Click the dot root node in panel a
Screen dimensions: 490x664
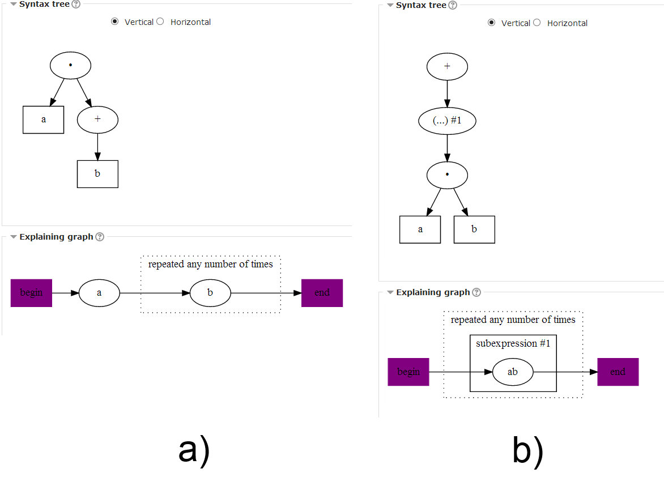click(x=71, y=65)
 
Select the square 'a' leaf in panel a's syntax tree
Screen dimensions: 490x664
click(x=44, y=120)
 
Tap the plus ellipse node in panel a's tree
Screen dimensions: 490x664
click(x=97, y=120)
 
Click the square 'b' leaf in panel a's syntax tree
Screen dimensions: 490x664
click(x=97, y=174)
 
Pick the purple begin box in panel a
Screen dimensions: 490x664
click(x=31, y=293)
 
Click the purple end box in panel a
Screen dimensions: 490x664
click(x=322, y=293)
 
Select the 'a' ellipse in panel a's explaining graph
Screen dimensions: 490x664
click(x=99, y=293)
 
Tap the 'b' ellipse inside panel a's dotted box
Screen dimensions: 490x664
click(x=210, y=293)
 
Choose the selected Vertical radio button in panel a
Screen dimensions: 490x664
click(x=115, y=22)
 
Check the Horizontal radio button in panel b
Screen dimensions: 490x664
click(x=537, y=23)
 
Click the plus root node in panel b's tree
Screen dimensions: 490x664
click(x=447, y=66)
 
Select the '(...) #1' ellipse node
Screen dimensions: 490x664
click(x=447, y=121)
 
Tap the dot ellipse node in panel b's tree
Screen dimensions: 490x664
click(x=447, y=175)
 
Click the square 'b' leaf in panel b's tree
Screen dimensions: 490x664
click(x=474, y=229)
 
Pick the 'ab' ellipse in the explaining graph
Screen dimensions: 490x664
click(x=513, y=372)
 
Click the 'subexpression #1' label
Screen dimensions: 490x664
click(x=513, y=344)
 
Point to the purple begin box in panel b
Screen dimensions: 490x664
click(x=408, y=372)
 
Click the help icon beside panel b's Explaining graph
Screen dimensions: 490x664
click(x=476, y=292)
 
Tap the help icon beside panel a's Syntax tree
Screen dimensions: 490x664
click(x=76, y=4)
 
